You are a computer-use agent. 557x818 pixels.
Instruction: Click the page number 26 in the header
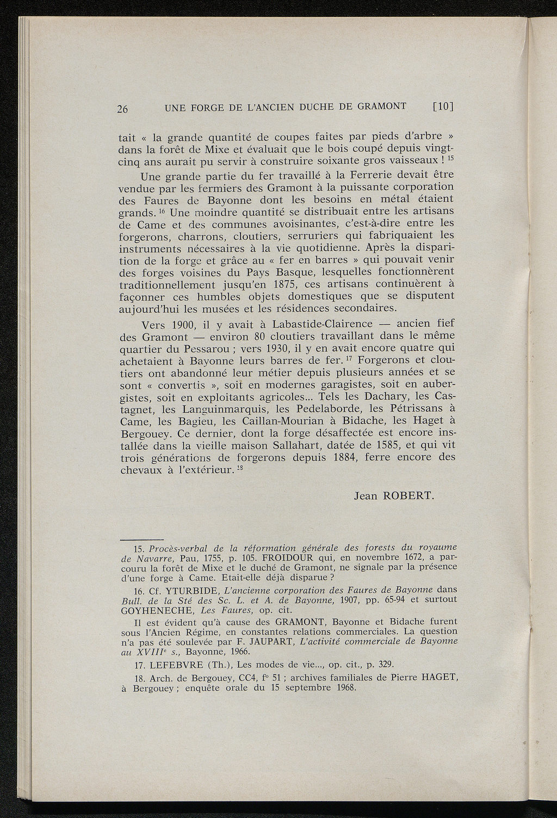(122, 108)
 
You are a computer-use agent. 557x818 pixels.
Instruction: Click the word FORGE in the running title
(211, 107)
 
